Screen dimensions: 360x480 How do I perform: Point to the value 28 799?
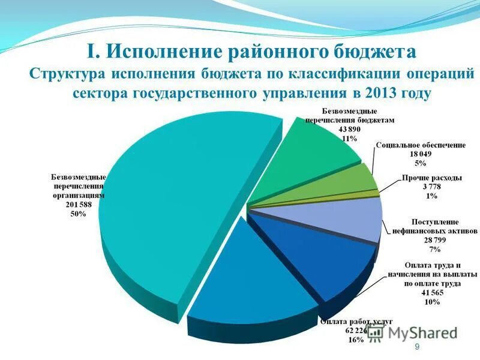(434, 239)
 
